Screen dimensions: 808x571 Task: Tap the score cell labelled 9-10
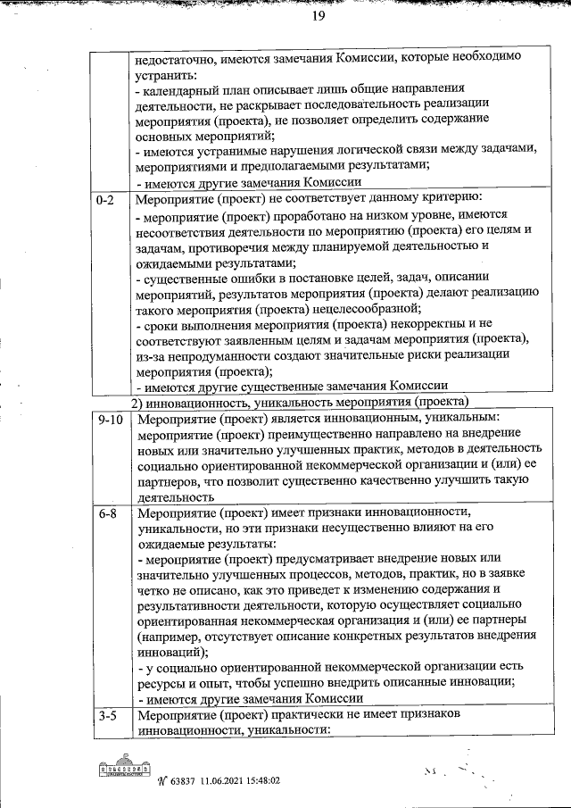coord(111,419)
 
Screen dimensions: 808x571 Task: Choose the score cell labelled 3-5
coord(107,717)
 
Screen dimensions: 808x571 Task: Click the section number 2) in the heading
coord(140,404)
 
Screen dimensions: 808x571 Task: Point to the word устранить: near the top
coord(163,74)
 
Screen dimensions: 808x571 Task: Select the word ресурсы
coord(164,685)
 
